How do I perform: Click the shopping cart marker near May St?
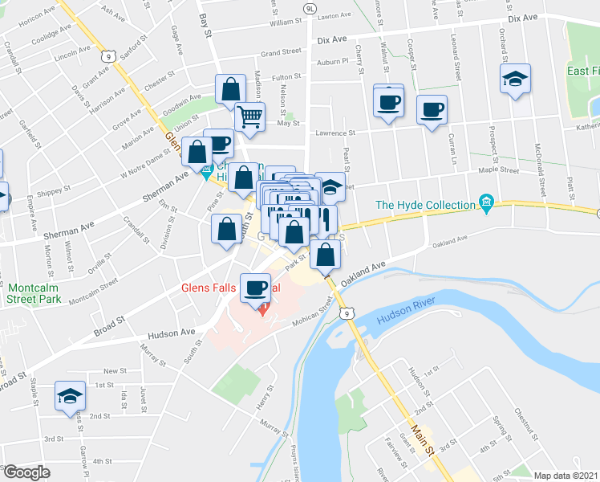point(250,116)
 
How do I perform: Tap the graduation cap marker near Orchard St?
point(515,80)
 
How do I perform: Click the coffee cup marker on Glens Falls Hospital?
point(257,288)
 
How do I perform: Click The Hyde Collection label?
point(425,206)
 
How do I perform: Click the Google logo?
point(26,472)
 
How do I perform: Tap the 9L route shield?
point(310,9)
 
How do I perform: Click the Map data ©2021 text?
point(565,476)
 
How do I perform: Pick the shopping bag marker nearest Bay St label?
point(230,90)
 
